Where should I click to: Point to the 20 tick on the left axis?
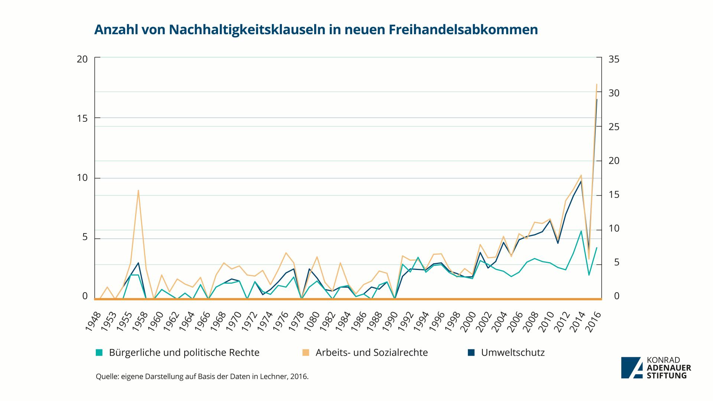[x=82, y=59]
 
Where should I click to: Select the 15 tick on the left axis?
[x=82, y=118]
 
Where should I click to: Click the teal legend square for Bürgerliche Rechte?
[x=99, y=352]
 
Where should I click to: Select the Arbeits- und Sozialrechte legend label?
[x=371, y=352]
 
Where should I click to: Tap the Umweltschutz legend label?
[x=512, y=352]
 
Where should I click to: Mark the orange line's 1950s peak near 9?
[x=138, y=190]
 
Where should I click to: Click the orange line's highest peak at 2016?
[x=596, y=85]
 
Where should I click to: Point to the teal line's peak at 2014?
[x=581, y=231]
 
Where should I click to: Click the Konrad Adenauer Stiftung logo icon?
[x=631, y=368]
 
